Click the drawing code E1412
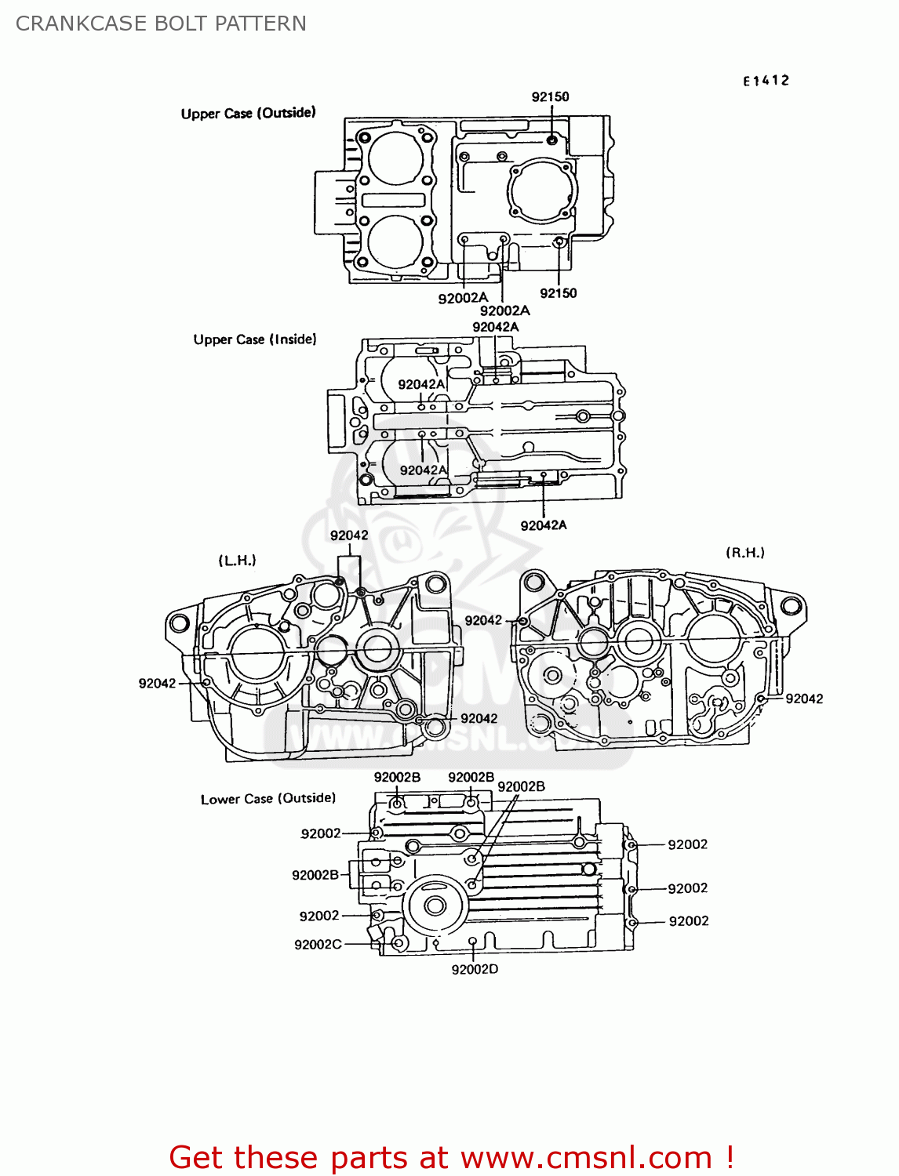click(x=766, y=81)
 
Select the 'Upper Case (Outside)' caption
click(x=248, y=113)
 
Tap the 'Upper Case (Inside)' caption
click(x=255, y=339)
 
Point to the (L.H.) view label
click(x=237, y=561)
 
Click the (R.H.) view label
click(x=744, y=553)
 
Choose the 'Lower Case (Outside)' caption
click(x=268, y=799)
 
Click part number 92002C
click(x=318, y=945)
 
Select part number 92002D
click(x=475, y=969)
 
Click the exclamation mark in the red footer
click(x=730, y=1157)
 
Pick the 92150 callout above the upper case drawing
click(x=550, y=96)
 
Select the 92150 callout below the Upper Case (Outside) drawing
click(x=558, y=293)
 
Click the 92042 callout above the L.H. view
click(x=349, y=535)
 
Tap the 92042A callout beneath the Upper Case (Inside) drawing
click(x=543, y=525)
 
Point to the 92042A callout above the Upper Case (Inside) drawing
click(x=495, y=327)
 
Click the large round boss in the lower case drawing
click(x=434, y=906)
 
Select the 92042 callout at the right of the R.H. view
click(x=804, y=699)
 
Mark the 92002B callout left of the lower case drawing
click(x=315, y=875)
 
